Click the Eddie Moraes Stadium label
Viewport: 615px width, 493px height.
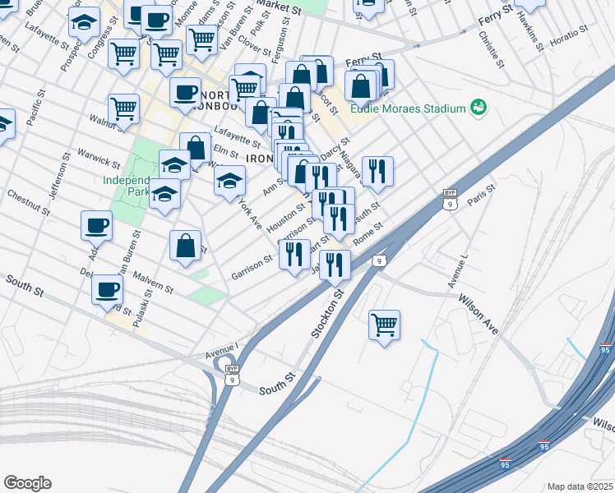point(408,108)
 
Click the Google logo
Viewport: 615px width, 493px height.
point(27,483)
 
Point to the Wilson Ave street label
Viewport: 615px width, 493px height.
point(479,314)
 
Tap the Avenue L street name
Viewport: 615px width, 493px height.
point(457,271)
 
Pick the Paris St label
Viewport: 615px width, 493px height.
point(482,196)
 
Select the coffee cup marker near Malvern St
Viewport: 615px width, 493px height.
point(108,290)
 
